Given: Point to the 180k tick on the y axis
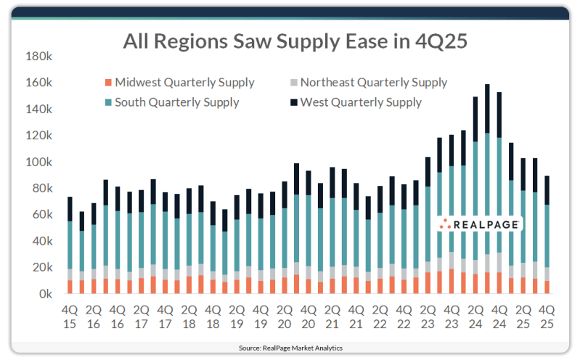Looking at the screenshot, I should [38, 57].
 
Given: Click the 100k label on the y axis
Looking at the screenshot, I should [38, 163].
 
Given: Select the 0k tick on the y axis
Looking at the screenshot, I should [44, 295].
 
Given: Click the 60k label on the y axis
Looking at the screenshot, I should [41, 216].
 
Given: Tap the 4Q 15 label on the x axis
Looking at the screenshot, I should [70, 318].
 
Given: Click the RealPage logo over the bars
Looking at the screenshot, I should [481, 225].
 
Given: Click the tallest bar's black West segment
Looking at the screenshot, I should [487, 109].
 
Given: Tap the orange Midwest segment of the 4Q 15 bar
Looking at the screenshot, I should [70, 287].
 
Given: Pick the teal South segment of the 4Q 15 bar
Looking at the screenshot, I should [70, 245].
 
